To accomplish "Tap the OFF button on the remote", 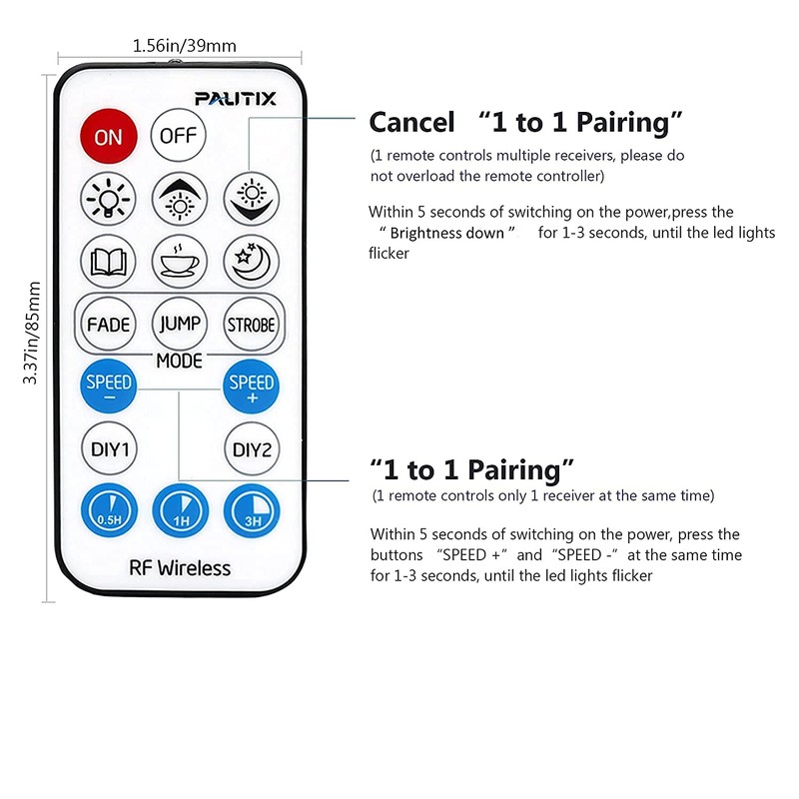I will coord(178,136).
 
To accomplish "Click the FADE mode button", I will coord(108,325).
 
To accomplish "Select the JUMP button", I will coord(179,325).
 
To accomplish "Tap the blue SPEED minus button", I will coord(108,388).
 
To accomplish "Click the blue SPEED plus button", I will coord(251,388).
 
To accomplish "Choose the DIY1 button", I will coord(108,449).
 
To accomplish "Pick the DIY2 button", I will coord(251,449).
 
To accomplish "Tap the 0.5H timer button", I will coord(108,511).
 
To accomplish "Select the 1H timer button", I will coord(179,511).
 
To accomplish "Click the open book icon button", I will coord(108,262).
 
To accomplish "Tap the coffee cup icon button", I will coord(179,262).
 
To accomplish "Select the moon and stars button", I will coord(251,262).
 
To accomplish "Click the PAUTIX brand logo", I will coord(236,98).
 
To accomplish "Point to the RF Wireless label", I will coord(180,568).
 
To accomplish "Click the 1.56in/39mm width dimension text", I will coord(184,45).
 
